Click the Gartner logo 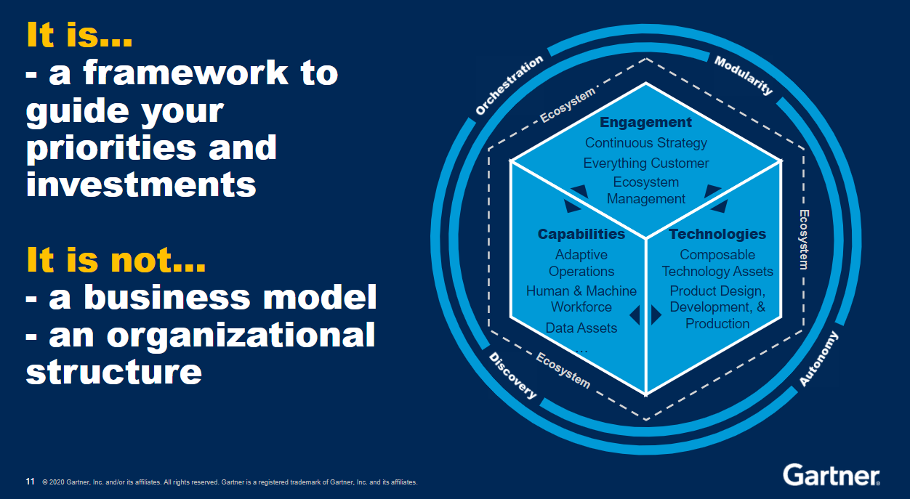tap(832, 475)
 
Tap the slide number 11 tap(30, 482)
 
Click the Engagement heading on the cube tap(645, 122)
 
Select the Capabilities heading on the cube tap(581, 234)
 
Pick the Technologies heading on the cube tap(717, 234)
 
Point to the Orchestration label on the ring tap(509, 86)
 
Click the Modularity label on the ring tap(744, 76)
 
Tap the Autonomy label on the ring tap(819, 359)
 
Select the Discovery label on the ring tap(512, 376)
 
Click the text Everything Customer tap(645, 163)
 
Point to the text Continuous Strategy tap(645, 143)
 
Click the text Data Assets tap(581, 328)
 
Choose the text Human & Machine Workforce tap(581, 299)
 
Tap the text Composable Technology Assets tap(717, 263)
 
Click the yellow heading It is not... tap(116, 260)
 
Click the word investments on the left tap(142, 184)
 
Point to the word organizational tap(241, 335)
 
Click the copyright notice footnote tap(230, 482)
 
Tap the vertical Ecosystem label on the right tap(804, 240)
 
